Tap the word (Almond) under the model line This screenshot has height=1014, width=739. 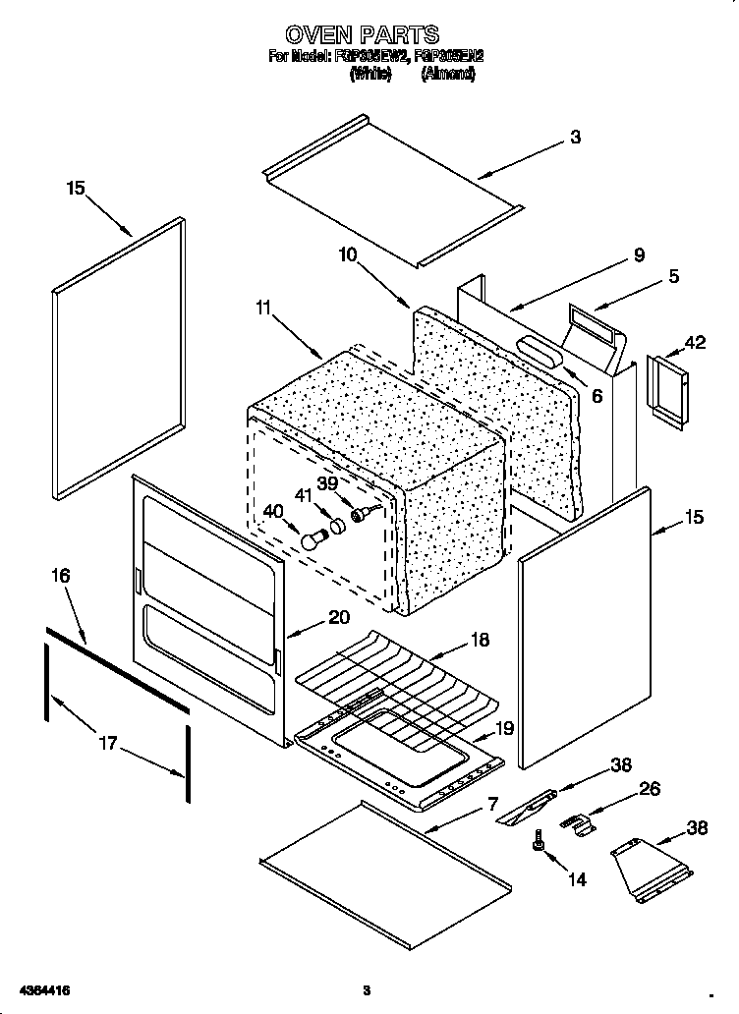click(x=448, y=74)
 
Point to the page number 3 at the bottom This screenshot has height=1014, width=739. click(x=365, y=988)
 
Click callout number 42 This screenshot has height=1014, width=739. click(x=695, y=343)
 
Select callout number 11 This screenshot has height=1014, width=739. click(x=262, y=309)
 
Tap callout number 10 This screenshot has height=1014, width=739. click(x=347, y=254)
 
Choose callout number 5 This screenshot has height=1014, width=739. click(x=673, y=277)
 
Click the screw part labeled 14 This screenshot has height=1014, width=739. click(x=539, y=840)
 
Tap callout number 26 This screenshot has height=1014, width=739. click(x=650, y=788)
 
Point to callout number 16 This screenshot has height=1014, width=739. click(x=61, y=575)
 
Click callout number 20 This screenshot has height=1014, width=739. click(x=338, y=618)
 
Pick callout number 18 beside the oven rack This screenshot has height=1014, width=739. click(x=480, y=641)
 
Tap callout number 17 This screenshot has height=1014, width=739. click(x=107, y=743)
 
